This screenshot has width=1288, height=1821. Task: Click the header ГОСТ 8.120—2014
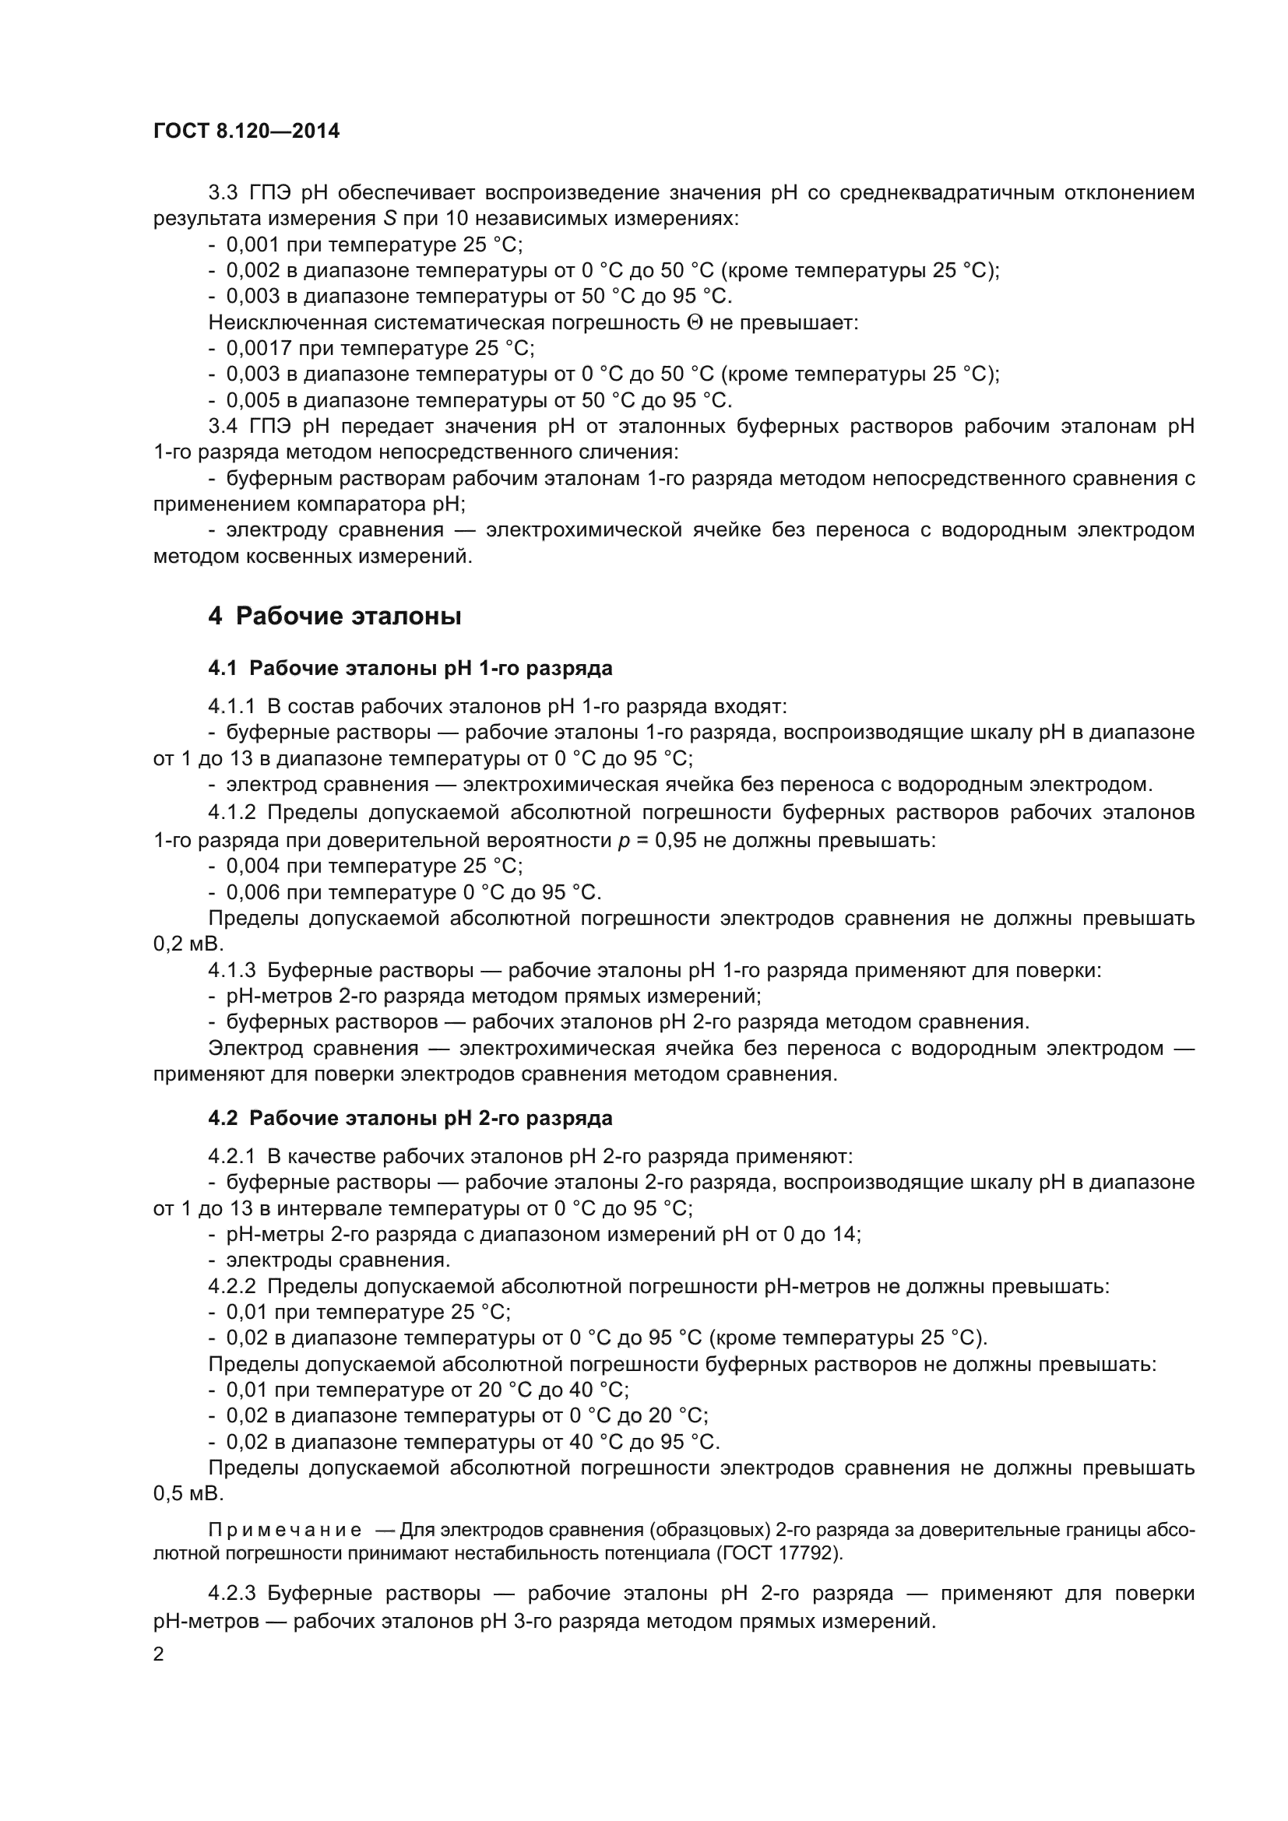(246, 131)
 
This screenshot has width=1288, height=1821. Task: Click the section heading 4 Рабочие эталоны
(334, 616)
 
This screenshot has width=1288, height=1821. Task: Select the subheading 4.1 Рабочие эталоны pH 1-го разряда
(410, 668)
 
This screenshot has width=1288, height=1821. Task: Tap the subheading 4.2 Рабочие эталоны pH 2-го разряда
(410, 1118)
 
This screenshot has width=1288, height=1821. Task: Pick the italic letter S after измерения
(390, 218)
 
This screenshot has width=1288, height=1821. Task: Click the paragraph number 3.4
(223, 426)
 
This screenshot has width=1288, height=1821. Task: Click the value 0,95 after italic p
(674, 840)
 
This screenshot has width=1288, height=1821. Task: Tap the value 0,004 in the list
(253, 865)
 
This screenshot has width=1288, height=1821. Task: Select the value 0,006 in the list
(253, 892)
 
